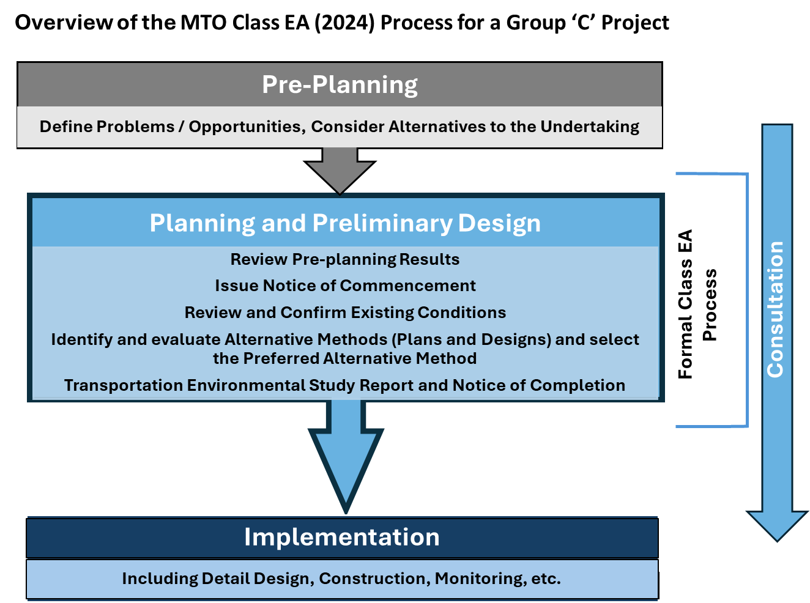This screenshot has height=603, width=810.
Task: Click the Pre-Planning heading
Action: pos(340,85)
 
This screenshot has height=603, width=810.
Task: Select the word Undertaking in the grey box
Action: pos(590,127)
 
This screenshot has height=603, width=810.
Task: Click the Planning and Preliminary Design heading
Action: pos(345,223)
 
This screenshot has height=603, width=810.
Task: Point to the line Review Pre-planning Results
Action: pos(345,259)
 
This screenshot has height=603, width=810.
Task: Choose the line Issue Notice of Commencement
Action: pos(345,286)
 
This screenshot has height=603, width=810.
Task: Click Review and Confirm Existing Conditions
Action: pos(345,313)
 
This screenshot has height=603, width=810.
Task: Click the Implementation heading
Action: pos(341,537)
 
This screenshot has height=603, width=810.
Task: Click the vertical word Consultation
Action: pos(776,309)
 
